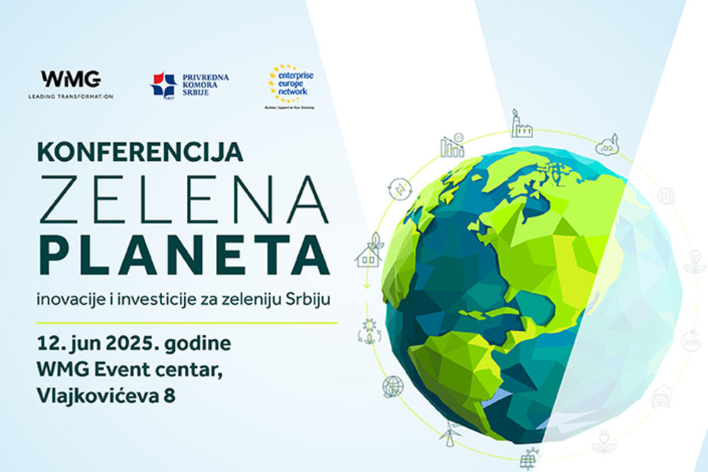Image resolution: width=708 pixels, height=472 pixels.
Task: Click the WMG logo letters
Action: coord(70,78)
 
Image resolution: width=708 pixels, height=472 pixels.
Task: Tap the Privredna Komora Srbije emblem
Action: coord(164,84)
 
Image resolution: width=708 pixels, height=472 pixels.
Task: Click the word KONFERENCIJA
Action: coord(140,152)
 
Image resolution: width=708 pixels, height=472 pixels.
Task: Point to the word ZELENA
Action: coord(183,199)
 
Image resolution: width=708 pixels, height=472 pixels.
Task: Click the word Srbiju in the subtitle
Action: coord(309,299)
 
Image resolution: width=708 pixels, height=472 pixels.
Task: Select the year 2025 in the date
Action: coord(134,344)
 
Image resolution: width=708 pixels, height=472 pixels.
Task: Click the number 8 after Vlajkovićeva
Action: coord(169,395)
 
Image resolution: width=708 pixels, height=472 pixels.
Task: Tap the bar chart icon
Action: coord(452,145)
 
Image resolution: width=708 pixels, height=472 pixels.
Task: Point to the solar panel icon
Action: coord(528,459)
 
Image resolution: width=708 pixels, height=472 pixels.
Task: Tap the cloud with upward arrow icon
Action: coord(608,145)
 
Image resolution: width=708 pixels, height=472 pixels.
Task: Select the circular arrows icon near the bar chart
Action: coord(399,189)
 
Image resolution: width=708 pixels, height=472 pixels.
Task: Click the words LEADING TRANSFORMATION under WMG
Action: coord(70,96)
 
